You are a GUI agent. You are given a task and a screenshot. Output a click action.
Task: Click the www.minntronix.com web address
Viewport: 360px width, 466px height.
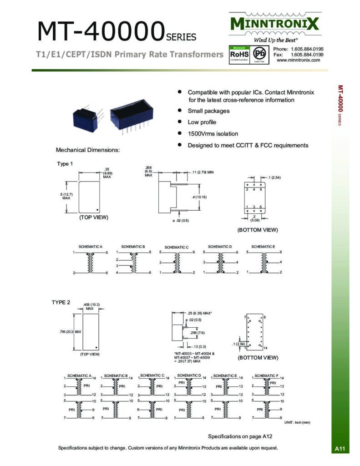coord(298,60)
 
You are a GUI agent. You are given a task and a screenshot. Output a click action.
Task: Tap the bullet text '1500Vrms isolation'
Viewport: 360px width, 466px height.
coord(213,134)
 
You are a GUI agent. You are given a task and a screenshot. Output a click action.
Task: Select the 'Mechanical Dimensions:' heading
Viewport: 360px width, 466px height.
coord(87,150)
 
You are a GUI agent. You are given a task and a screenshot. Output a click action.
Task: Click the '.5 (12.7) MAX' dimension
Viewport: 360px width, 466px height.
coord(66,196)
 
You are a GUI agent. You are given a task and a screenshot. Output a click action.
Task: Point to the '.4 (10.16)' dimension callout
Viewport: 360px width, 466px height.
coord(199,197)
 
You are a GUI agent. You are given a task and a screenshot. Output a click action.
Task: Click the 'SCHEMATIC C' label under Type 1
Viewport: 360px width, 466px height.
coord(176,247)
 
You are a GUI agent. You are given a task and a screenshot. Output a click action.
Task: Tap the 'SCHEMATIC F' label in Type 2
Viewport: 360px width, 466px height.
coord(266,375)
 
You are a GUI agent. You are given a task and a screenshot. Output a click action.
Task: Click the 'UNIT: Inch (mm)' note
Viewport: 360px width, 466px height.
coord(297,423)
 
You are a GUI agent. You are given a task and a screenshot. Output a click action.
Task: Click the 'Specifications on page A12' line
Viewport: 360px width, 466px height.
coord(240,436)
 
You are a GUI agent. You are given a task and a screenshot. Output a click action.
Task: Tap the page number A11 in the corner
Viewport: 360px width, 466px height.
coord(340,449)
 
